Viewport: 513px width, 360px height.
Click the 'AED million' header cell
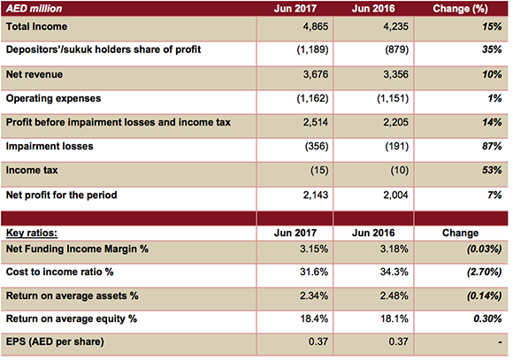click(34, 9)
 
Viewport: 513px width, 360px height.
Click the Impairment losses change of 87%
click(491, 145)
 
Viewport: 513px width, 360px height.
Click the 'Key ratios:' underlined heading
click(34, 232)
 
